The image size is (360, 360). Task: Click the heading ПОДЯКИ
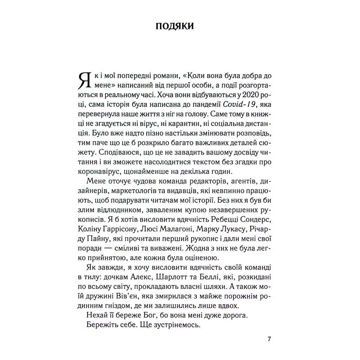click(175, 27)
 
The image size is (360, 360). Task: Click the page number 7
click(269, 339)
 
